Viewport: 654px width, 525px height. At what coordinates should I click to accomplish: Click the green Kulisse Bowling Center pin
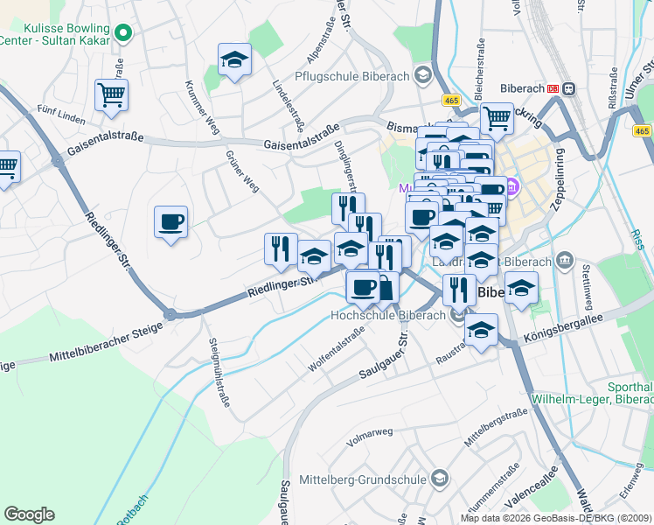pyautogui.click(x=123, y=33)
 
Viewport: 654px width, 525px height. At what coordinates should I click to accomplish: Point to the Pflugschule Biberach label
pyautogui.click(x=352, y=76)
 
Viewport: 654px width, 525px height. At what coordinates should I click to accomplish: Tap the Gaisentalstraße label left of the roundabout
pyautogui.click(x=101, y=138)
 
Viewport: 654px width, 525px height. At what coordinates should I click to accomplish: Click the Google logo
pyautogui.click(x=29, y=514)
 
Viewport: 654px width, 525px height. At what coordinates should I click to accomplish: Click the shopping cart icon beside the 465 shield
pyautogui.click(x=496, y=117)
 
